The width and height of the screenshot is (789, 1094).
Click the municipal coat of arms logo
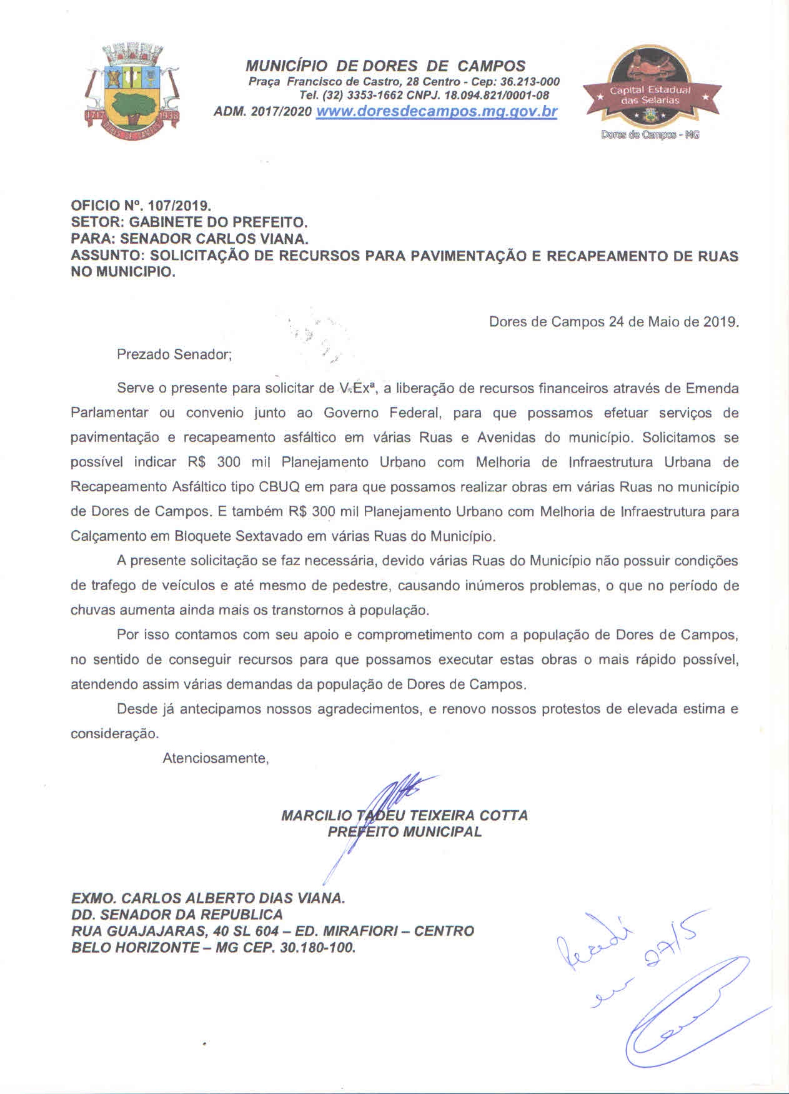[x=131, y=88]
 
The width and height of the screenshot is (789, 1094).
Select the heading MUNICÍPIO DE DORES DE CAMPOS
[x=385, y=66]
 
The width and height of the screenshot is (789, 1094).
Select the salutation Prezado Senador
[x=174, y=354]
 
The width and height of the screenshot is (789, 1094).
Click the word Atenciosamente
[x=216, y=758]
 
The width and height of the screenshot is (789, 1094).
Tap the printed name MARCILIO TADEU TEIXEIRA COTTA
[x=404, y=815]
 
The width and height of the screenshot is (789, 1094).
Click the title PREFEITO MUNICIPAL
[x=404, y=832]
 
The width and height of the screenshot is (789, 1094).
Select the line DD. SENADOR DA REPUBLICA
[x=177, y=915]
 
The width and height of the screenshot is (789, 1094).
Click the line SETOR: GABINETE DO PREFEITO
[x=189, y=222]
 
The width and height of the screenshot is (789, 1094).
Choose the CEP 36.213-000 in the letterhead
[x=528, y=82]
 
